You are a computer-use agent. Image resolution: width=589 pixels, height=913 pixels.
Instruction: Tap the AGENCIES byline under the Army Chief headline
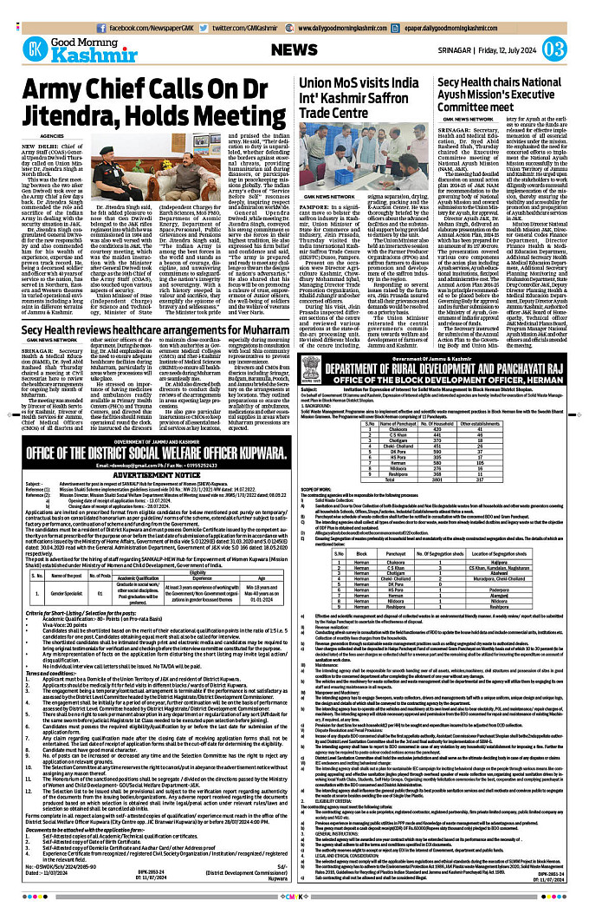click(51, 136)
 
